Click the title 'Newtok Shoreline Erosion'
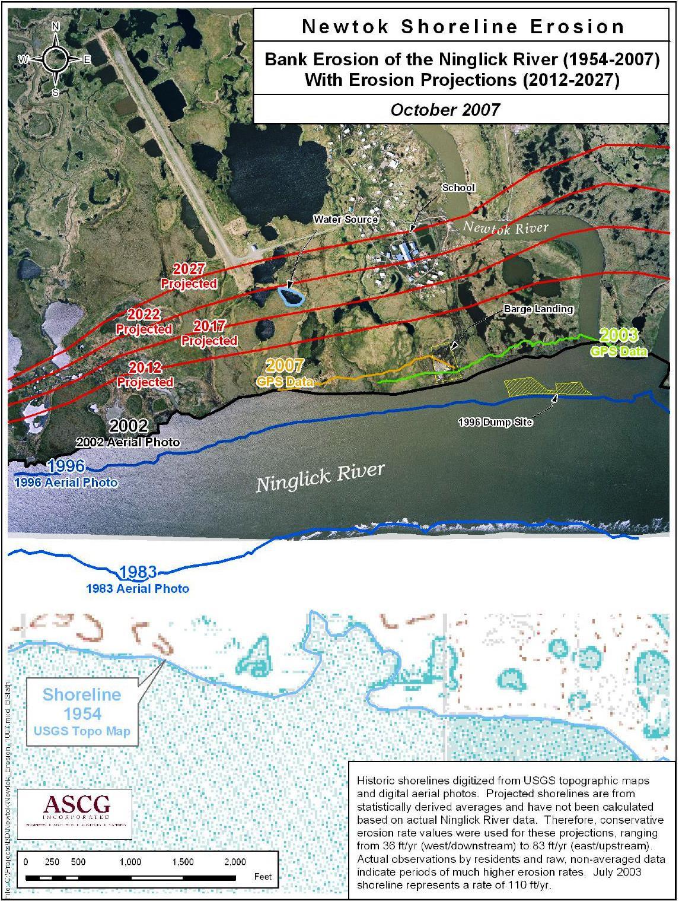click(464, 27)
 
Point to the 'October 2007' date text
click(445, 110)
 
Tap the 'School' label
click(458, 188)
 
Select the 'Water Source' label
click(346, 220)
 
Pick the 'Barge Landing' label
click(538, 309)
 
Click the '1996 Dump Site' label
click(495, 422)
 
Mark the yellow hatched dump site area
click(546, 387)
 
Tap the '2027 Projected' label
click(189, 277)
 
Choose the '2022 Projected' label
click(144, 321)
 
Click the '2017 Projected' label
click(209, 333)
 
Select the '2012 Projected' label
click(145, 375)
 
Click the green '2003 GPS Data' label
click(619, 343)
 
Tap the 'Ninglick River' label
click(320, 477)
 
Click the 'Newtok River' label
click(506, 228)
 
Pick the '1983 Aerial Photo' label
click(138, 580)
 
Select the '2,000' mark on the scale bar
click(235, 862)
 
